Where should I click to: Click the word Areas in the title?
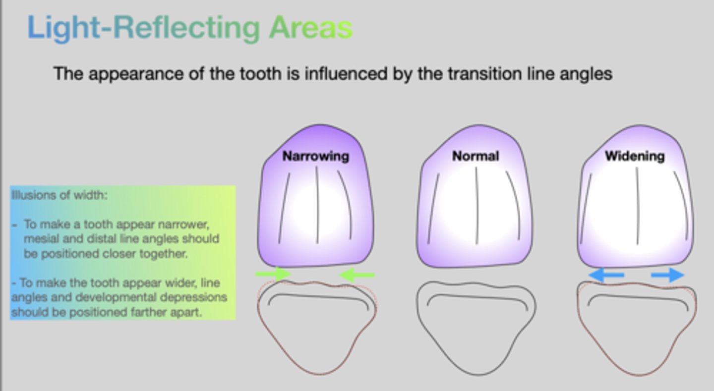(311, 27)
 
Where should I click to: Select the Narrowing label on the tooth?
(316, 157)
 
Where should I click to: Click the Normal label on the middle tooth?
(476, 156)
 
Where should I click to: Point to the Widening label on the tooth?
(635, 157)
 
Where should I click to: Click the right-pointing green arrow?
(273, 274)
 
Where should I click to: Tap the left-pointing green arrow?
(357, 275)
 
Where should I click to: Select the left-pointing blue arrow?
(606, 275)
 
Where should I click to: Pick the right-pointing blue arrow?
(667, 275)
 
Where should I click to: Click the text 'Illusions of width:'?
(59, 195)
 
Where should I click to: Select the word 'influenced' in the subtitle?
(346, 74)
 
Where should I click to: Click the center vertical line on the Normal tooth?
(477, 206)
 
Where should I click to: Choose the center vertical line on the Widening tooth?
(637, 206)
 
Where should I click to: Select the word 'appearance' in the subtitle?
(136, 74)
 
